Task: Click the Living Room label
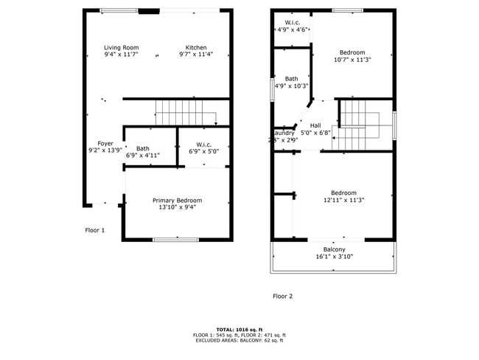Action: (121, 51)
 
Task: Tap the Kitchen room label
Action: (195, 51)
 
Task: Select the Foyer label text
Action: (105, 147)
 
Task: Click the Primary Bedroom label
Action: (177, 204)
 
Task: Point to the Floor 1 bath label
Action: (142, 152)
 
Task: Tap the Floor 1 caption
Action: (94, 230)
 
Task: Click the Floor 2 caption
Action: (282, 297)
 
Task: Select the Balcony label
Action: (335, 253)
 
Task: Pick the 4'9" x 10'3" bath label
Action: (292, 82)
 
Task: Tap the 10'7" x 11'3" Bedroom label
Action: (352, 56)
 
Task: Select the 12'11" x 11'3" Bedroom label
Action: (343, 196)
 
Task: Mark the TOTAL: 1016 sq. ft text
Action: (239, 330)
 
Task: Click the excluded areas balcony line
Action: (239, 340)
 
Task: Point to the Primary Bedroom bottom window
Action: (175, 239)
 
